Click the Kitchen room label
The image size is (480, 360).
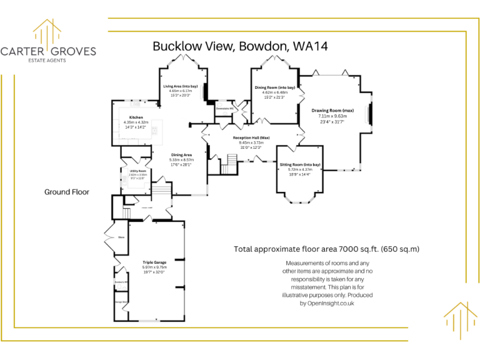136,117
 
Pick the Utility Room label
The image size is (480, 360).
137,170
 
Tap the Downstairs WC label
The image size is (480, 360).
224,108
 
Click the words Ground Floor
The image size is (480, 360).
66,192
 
